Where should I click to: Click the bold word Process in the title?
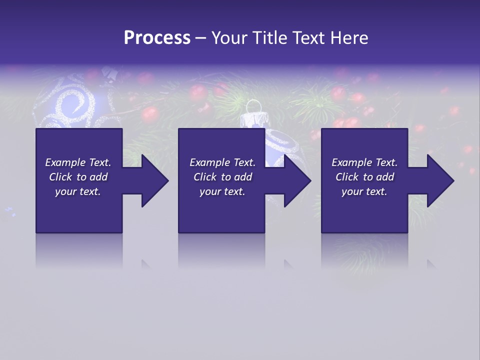click(x=157, y=38)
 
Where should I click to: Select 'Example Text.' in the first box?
click(x=78, y=162)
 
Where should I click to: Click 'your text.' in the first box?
click(x=78, y=191)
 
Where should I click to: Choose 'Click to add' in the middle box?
click(x=222, y=177)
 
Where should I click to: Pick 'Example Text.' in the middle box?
click(x=222, y=162)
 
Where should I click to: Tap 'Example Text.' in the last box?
click(x=364, y=162)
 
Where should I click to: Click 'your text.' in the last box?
click(x=364, y=191)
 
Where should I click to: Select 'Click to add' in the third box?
click(x=364, y=177)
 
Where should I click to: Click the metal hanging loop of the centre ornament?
click(x=254, y=106)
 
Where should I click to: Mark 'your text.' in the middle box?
click(x=222, y=191)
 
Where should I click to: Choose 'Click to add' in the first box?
click(x=78, y=177)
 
